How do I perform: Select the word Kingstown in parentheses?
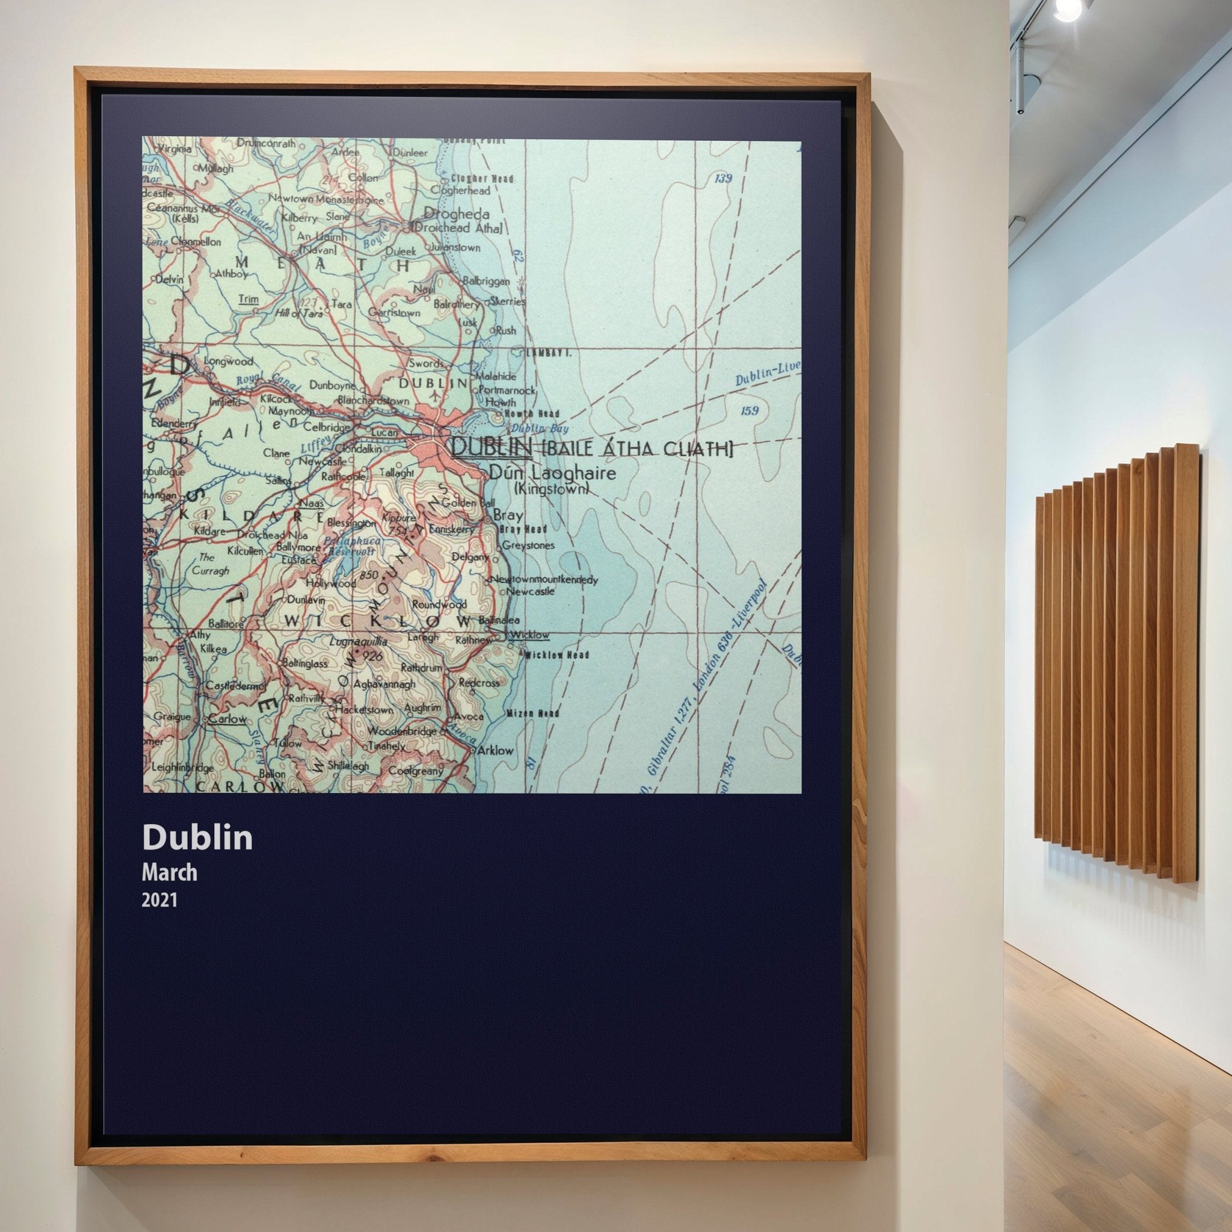[551, 489]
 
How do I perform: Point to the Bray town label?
[508, 516]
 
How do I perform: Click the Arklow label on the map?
[496, 750]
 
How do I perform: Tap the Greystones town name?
[529, 545]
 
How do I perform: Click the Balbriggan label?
[486, 280]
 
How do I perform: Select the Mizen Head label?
[533, 713]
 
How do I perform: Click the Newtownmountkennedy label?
[543, 580]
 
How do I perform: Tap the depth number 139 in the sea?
[722, 179]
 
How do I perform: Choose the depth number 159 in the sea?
[750, 410]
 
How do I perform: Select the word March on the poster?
[169, 872]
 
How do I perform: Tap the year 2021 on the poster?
[159, 900]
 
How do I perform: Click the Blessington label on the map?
[351, 523]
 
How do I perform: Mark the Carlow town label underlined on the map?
[227, 719]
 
